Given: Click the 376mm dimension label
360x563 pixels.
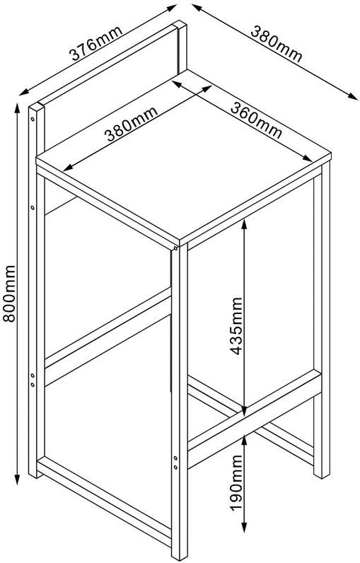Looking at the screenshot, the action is (95, 43).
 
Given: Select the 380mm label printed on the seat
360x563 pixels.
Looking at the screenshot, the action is (131, 124).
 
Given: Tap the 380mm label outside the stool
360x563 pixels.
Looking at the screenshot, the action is (277, 45).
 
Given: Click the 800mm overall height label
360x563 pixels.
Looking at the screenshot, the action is (8, 294).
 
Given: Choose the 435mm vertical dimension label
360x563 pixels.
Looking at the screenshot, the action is (236, 325).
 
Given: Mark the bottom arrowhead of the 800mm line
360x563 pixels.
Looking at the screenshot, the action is (17, 480).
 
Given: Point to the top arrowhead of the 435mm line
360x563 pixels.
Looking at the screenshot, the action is (244, 224).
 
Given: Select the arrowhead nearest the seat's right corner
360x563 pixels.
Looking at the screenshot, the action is (307, 158).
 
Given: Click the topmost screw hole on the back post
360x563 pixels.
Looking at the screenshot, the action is (33, 118).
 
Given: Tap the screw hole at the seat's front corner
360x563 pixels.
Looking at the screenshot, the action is (175, 248).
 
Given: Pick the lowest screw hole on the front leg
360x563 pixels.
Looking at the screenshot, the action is (175, 467).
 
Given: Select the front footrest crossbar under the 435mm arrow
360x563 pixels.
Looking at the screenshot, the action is (254, 419).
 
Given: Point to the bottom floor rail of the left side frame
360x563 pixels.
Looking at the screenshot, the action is (104, 501).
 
